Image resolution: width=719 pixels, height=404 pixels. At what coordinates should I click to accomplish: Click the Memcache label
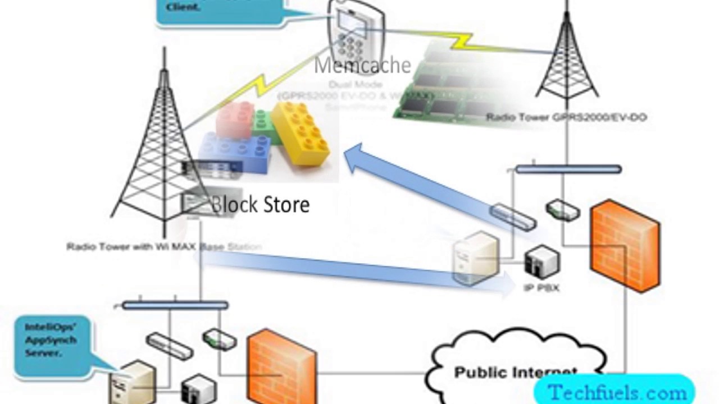tap(362, 65)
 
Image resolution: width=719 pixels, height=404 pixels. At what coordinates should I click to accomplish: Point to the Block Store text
tap(260, 204)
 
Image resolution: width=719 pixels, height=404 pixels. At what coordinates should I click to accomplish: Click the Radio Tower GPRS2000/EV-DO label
tap(566, 117)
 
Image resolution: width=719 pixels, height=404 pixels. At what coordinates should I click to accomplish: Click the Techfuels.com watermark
tap(616, 392)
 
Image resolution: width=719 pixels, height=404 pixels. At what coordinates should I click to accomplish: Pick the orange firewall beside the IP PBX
tap(625, 245)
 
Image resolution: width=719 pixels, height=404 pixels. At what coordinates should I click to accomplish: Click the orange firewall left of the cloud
tap(281, 368)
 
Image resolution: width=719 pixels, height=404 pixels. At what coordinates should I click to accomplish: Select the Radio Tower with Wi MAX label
tap(163, 247)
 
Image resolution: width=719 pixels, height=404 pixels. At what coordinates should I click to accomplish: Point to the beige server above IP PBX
tap(476, 258)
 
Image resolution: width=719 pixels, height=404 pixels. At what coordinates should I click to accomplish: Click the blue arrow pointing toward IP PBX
tap(359, 271)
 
